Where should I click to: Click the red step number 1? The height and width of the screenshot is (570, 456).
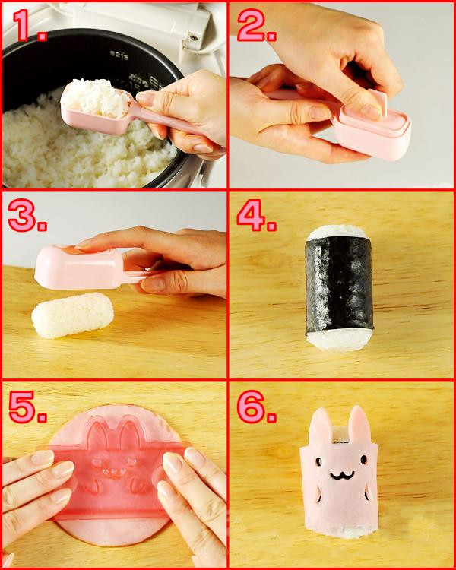point(29,26)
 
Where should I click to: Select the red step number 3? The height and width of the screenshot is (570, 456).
point(27,215)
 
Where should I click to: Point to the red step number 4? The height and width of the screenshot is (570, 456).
point(256,215)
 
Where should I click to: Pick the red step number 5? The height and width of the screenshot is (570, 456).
point(27,407)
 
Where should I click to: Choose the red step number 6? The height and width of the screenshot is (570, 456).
point(256,407)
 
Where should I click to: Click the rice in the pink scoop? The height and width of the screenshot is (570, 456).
point(95,97)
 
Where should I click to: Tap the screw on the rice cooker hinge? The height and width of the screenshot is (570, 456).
point(194,36)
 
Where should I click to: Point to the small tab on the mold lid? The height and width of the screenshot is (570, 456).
point(380,103)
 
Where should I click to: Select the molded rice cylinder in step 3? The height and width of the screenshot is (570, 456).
point(72,315)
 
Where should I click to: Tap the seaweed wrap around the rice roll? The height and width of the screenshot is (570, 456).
point(339,283)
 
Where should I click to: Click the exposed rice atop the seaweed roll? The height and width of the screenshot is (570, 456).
point(337,231)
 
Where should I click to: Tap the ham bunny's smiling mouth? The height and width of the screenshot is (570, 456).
point(342,475)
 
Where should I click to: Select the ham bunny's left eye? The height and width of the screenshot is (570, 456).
point(319,461)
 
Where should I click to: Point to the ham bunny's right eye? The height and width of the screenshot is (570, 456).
point(363,459)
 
